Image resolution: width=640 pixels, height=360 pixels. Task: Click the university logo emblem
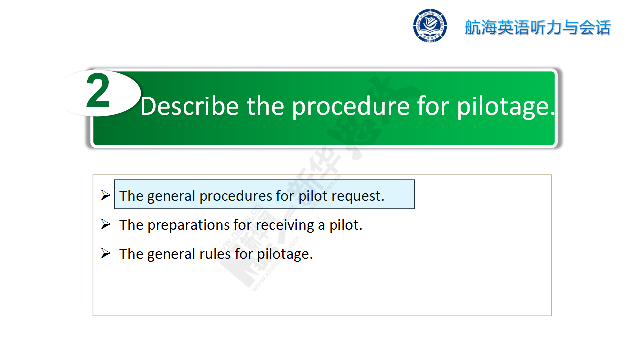pyautogui.click(x=430, y=26)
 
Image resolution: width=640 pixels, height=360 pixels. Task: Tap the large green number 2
pyautogui.click(x=98, y=91)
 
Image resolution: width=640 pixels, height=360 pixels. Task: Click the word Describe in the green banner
pyautogui.click(x=190, y=106)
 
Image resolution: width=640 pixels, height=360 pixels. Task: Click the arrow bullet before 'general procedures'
pyautogui.click(x=105, y=195)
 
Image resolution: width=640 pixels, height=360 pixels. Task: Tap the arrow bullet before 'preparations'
pyautogui.click(x=105, y=224)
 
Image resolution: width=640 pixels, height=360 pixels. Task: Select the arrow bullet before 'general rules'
pyautogui.click(x=105, y=253)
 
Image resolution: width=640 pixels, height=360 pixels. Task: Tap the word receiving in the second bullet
pyautogui.click(x=285, y=225)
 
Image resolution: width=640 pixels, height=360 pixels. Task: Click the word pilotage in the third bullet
pyautogui.click(x=285, y=255)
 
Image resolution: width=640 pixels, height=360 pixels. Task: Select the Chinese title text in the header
pyautogui.click(x=538, y=28)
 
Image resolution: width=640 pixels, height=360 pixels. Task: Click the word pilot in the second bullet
pyautogui.click(x=346, y=225)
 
